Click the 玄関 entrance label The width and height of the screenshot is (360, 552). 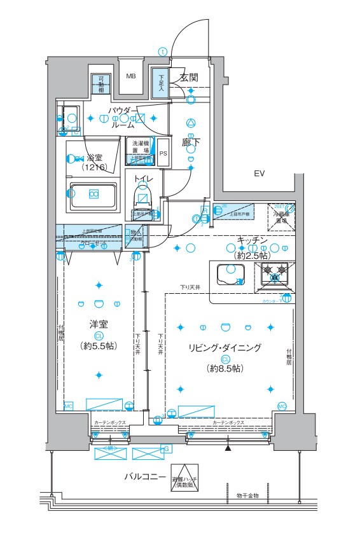coord(189,78)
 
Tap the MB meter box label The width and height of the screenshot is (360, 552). coord(130,76)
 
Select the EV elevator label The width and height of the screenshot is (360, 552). coord(259,174)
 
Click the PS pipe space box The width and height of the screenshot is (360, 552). coord(163,153)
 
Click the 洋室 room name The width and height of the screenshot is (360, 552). coord(98,324)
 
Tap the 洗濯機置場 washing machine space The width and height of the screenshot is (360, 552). coord(141,148)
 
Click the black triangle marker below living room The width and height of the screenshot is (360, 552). coord(228,449)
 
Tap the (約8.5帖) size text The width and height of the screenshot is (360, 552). coord(224,368)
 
